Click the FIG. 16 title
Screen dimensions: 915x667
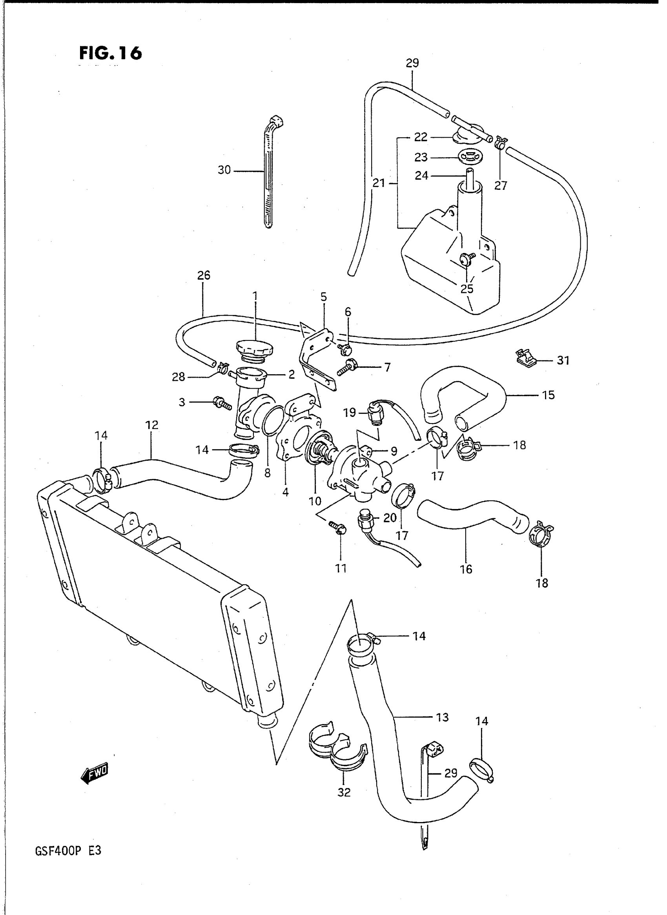point(110,53)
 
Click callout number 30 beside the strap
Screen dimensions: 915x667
point(224,170)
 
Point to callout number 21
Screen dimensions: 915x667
point(379,183)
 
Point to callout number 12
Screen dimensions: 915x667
point(152,425)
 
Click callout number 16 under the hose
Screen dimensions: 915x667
point(466,569)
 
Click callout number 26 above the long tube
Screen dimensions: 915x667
point(204,275)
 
